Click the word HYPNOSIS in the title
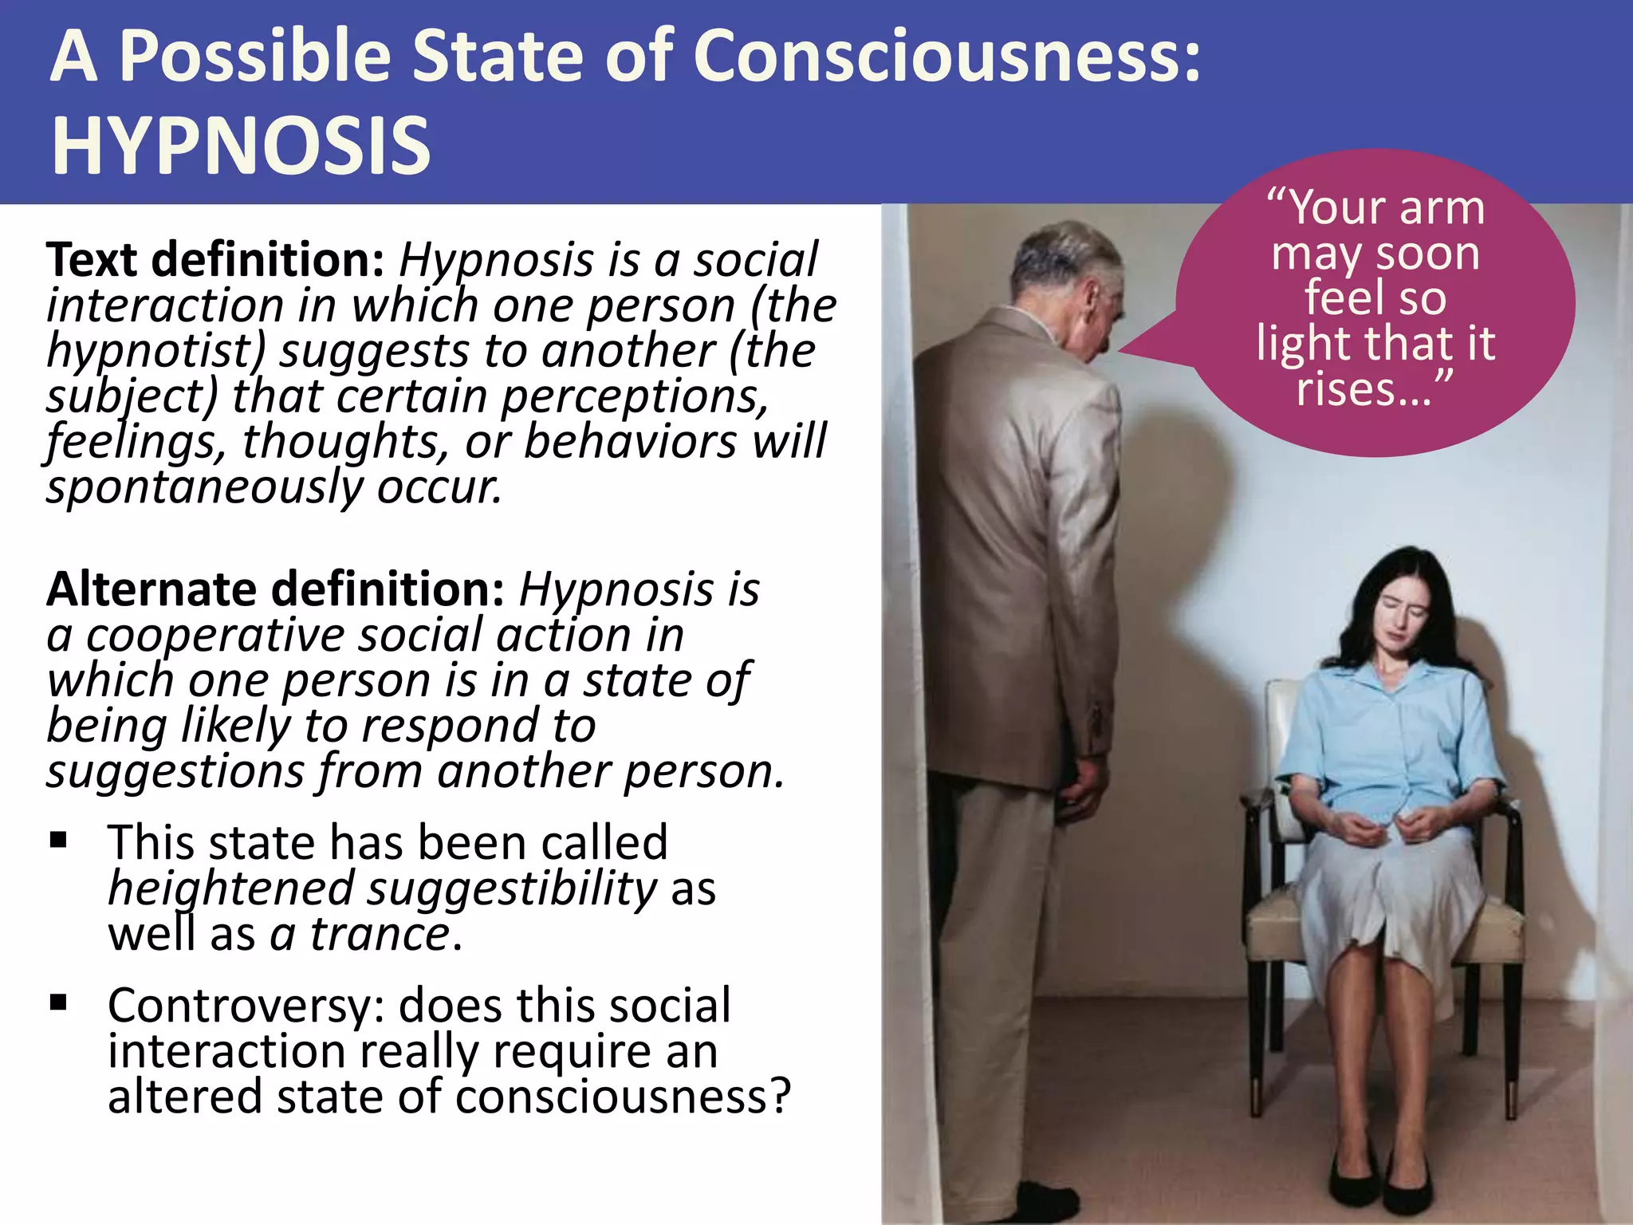(241, 145)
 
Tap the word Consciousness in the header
(947, 56)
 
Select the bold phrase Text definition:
(215, 260)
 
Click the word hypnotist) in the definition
(155, 351)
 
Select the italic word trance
(380, 934)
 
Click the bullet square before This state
(58, 841)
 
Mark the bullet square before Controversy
(58, 1003)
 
